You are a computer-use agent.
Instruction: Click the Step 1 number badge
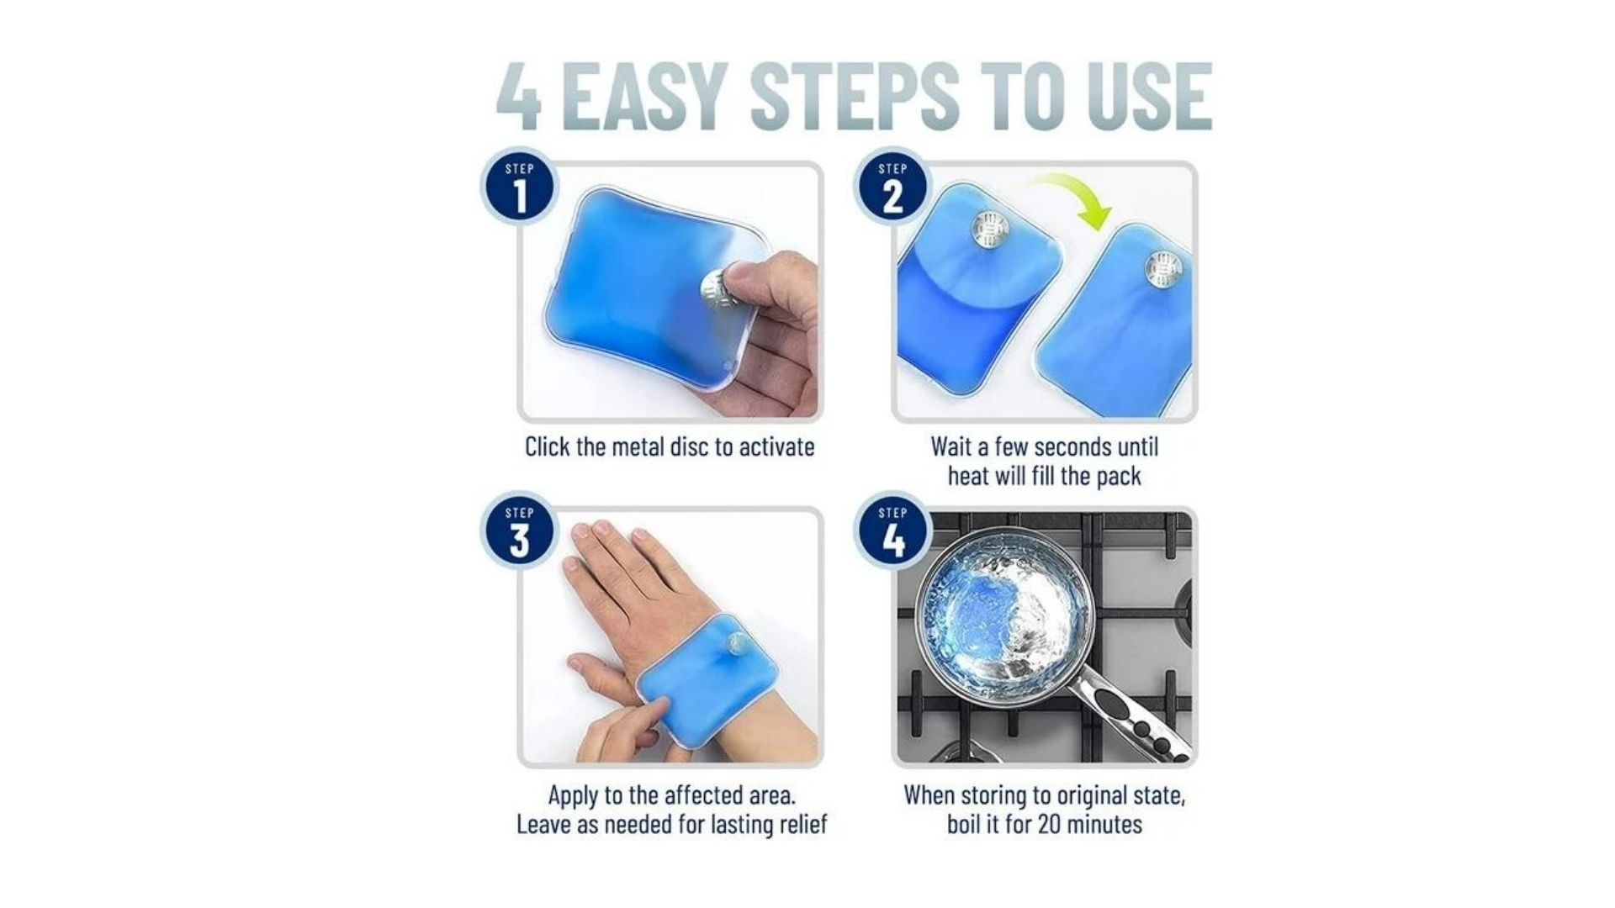pos(520,187)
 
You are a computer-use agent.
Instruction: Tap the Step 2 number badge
pos(892,187)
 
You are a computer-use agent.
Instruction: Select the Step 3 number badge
pos(520,531)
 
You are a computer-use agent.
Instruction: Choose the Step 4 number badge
pos(892,531)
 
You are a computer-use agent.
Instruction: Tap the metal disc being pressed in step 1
pos(715,291)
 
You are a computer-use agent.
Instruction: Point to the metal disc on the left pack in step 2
pos(990,229)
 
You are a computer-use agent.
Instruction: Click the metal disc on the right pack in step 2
pos(1163,269)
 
